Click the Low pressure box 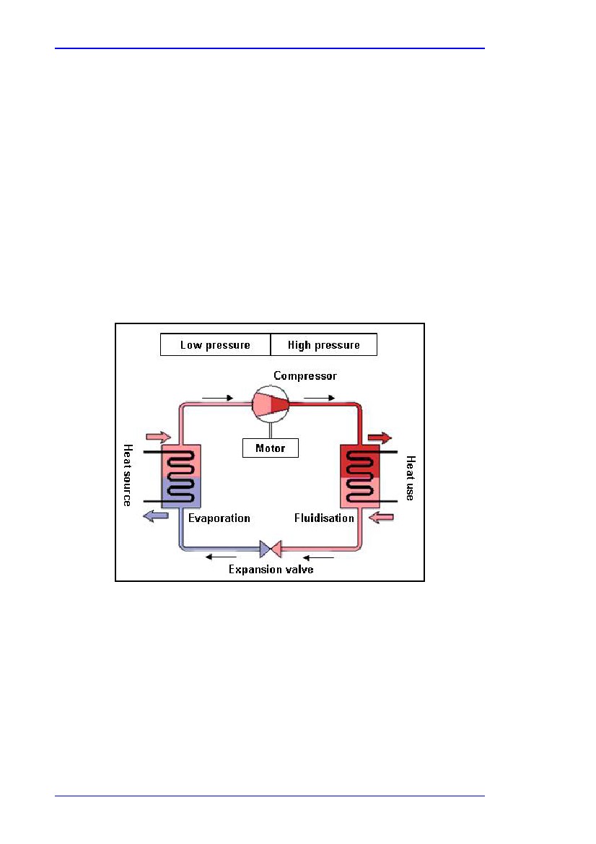click(x=215, y=344)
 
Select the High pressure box click(x=324, y=344)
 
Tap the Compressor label click(x=305, y=375)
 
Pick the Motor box click(x=271, y=448)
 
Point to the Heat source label click(x=128, y=475)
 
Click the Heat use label click(x=411, y=478)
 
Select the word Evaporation click(x=219, y=518)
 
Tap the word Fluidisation click(x=324, y=518)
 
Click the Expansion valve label click(x=271, y=570)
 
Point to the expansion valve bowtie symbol click(x=271, y=549)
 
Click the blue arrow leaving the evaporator click(x=156, y=516)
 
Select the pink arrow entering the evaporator click(x=159, y=437)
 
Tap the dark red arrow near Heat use click(x=380, y=438)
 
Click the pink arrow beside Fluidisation click(x=382, y=517)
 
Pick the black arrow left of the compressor click(x=217, y=399)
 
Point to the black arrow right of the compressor click(x=320, y=399)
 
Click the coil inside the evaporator click(x=181, y=477)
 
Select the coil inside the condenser click(x=360, y=477)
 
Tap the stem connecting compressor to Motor click(x=271, y=430)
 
